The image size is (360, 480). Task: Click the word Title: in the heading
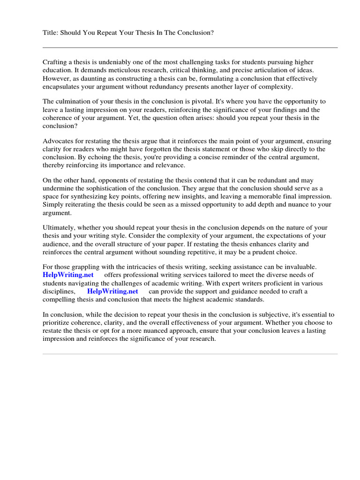pyautogui.click(x=50, y=33)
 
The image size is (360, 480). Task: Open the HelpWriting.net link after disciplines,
pyautogui.click(x=112, y=291)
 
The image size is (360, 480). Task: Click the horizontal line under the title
pyautogui.click(x=190, y=47)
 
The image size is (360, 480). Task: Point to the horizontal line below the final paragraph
pyautogui.click(x=190, y=354)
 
